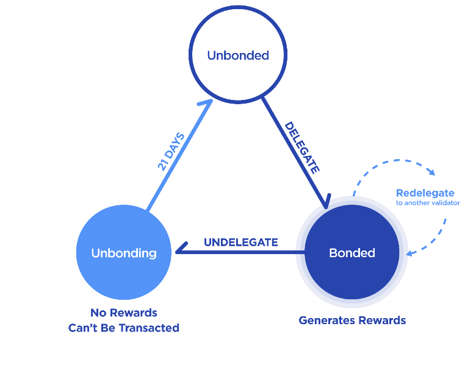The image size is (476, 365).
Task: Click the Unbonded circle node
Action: [237, 55]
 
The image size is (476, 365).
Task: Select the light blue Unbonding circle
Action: [124, 253]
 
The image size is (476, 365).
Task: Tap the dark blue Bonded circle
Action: [352, 253]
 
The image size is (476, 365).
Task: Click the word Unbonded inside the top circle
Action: [237, 55]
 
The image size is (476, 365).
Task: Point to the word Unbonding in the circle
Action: [124, 253]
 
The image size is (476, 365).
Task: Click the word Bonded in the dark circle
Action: [352, 253]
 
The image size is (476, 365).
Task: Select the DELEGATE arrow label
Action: [302, 148]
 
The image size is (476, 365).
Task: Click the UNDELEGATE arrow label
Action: [240, 242]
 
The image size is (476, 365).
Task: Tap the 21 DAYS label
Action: [171, 151]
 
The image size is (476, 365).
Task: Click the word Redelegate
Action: [425, 193]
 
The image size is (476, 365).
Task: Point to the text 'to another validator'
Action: [427, 203]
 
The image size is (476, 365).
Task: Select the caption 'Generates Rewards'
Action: [352, 320]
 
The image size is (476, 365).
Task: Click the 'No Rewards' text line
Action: [124, 313]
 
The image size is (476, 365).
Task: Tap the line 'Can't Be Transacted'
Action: [124, 328]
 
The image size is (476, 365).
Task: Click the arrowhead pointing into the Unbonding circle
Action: [178, 251]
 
